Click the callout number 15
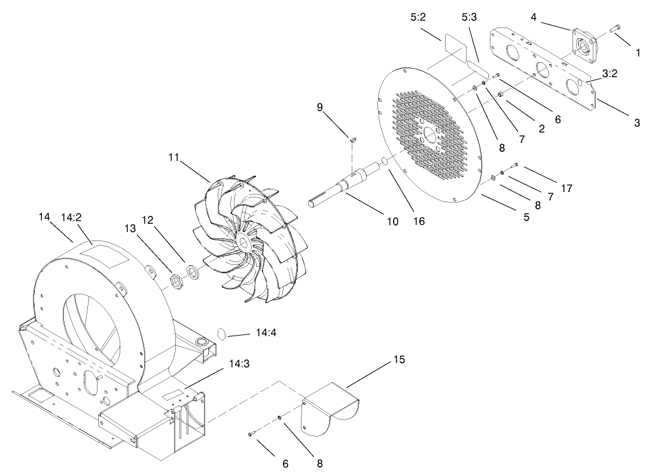coord(399,360)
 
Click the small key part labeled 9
coord(353,140)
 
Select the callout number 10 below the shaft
coord(392,221)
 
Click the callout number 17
coord(566,188)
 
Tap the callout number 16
coord(419,221)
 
